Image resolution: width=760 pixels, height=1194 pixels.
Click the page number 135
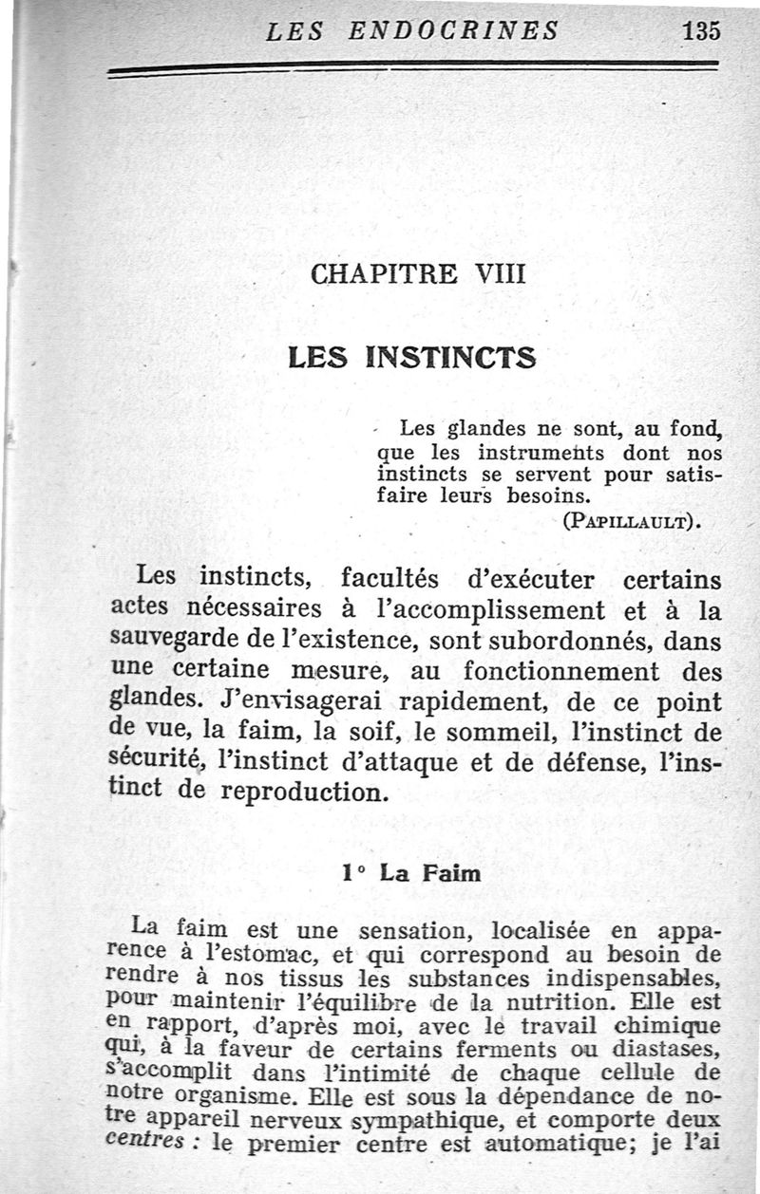pos(701,30)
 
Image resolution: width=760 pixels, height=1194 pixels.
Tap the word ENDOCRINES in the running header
pos(453,30)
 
